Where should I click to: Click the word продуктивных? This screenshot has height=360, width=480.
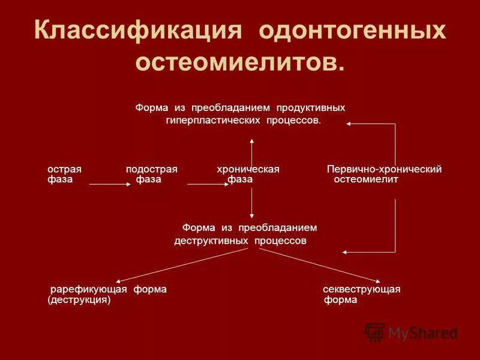(x=310, y=108)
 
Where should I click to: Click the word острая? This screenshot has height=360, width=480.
(x=64, y=169)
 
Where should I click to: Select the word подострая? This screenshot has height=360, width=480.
(x=151, y=169)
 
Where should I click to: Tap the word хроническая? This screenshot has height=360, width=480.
(x=248, y=169)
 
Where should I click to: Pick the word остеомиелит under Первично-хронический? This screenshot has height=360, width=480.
(x=365, y=179)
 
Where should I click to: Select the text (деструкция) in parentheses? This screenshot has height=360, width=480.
(x=79, y=300)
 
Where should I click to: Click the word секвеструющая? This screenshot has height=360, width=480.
(x=361, y=289)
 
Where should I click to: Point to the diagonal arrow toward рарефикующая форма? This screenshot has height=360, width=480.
(x=180, y=265)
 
